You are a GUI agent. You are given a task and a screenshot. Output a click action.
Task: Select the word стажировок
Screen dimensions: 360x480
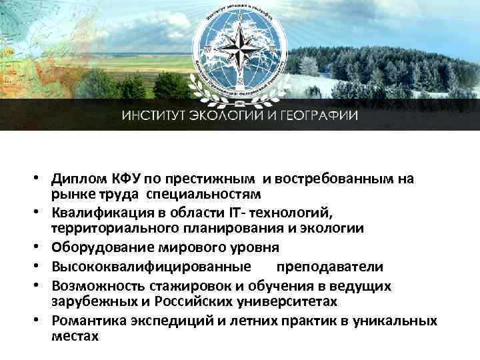click(x=198, y=285)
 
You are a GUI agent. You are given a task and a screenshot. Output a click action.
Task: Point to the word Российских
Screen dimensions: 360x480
click(x=185, y=301)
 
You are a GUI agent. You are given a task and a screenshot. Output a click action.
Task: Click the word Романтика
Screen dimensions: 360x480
click(x=89, y=321)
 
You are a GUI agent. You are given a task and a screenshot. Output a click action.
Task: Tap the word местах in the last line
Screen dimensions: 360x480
click(x=74, y=336)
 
